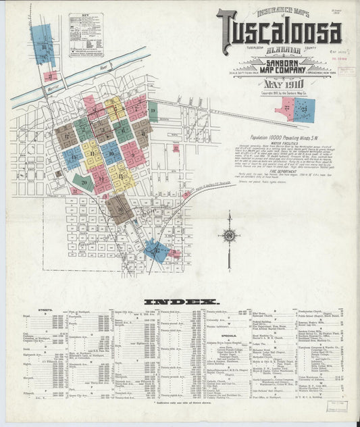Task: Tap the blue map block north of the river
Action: [42, 45]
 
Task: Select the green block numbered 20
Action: [84, 180]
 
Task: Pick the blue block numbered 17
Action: [72, 157]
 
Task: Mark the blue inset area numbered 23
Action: [305, 109]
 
